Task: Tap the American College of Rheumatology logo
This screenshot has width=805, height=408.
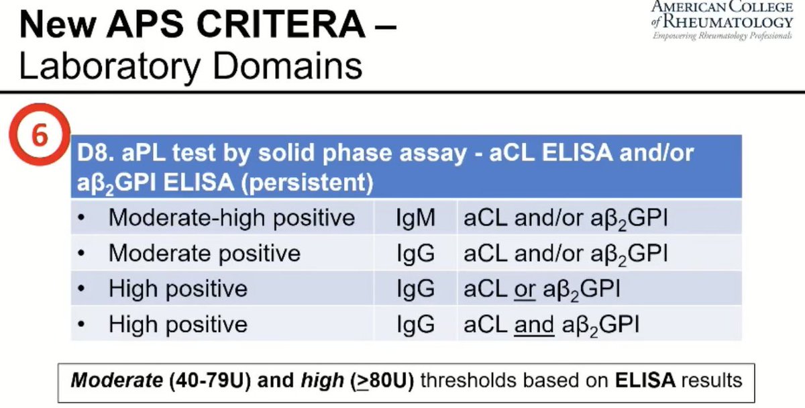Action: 722,20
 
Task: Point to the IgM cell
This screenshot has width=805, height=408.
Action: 416,218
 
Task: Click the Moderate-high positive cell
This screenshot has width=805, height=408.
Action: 231,218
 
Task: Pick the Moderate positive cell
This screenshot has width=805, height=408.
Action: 205,254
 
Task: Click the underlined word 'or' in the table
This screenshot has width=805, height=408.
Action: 525,289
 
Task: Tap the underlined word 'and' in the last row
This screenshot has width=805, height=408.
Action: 534,325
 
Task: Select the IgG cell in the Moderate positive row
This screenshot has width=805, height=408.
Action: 416,254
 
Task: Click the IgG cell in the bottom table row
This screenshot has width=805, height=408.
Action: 416,325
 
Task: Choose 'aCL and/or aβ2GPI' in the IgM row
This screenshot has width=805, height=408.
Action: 565,218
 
